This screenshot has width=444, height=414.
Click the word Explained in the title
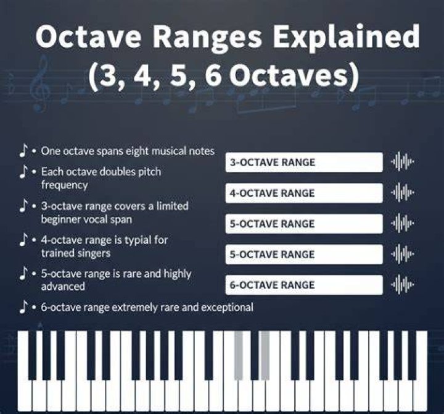[x=346, y=37]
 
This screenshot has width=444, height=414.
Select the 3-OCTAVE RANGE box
[x=304, y=163]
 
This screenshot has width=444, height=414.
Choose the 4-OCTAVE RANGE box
[x=304, y=193]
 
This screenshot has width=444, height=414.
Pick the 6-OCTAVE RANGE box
[x=304, y=285]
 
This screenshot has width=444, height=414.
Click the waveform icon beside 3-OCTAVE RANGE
[x=402, y=162]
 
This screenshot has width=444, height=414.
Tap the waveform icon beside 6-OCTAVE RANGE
[x=402, y=284]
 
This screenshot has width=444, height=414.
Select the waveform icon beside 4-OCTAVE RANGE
[x=402, y=192]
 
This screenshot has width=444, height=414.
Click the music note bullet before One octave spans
[x=23, y=150]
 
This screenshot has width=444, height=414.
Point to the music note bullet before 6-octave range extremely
[x=23, y=306]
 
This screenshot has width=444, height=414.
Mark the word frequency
[x=65, y=185]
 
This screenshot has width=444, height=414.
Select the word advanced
[x=63, y=286]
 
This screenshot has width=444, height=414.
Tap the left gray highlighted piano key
[x=239, y=355]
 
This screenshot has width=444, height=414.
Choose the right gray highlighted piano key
[x=265, y=355]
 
